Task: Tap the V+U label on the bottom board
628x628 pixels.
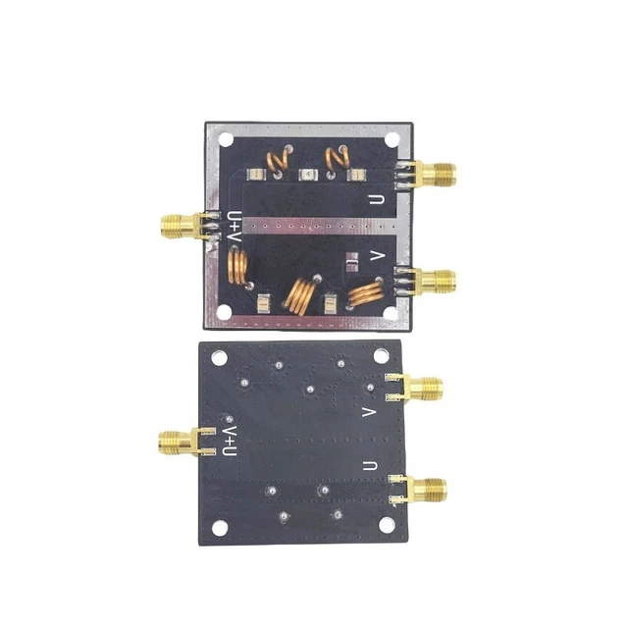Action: click(x=230, y=441)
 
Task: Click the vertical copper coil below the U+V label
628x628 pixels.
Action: click(x=236, y=266)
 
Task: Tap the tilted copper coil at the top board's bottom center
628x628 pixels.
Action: click(x=301, y=293)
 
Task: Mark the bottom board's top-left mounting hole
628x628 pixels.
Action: click(x=218, y=358)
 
